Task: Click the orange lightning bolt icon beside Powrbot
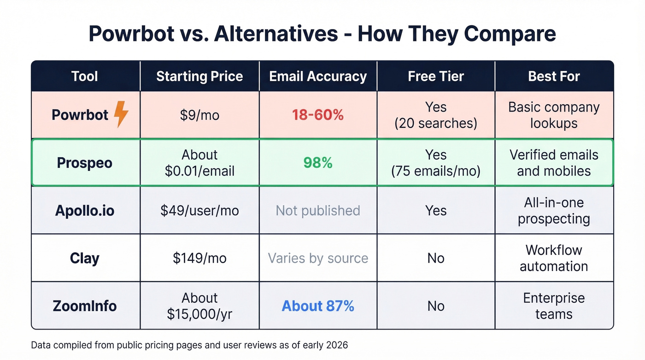[121, 114]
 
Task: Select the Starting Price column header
[199, 76]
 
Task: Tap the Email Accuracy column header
[318, 76]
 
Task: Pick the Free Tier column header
[436, 76]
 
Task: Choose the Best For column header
[554, 76]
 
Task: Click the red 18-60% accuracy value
[318, 115]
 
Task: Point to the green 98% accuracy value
[318, 163]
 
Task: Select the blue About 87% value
[318, 306]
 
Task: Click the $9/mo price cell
[199, 115]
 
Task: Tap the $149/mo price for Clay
[199, 258]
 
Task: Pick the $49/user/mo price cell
[199, 211]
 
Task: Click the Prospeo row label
[85, 163]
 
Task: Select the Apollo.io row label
[85, 211]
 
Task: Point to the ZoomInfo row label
[85, 306]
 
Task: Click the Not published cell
[318, 211]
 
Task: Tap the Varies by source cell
[318, 258]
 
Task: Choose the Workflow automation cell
[554, 258]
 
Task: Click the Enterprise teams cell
[554, 306]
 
